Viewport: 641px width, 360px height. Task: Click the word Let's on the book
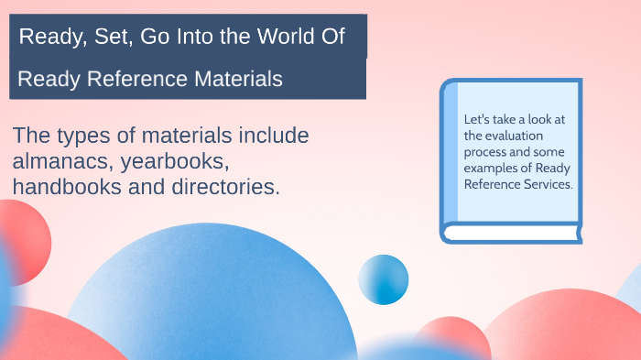tap(477, 119)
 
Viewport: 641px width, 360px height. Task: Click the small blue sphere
tap(383, 279)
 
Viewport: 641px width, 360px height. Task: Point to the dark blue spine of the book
tap(447, 156)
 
